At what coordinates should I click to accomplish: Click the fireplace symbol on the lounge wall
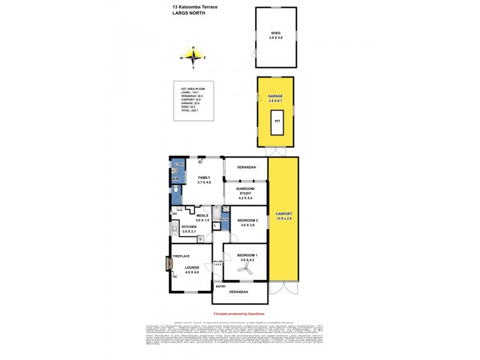click(x=169, y=263)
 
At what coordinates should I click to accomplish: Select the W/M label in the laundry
click(x=176, y=179)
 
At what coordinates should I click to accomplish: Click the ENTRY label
click(x=221, y=287)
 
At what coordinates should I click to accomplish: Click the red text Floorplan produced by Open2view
click(x=239, y=314)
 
